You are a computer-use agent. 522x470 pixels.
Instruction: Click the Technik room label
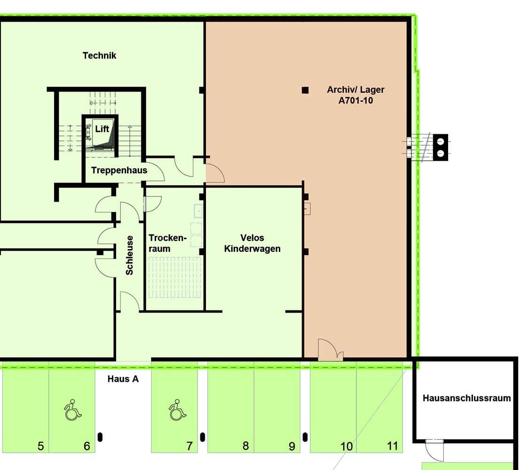[99, 55]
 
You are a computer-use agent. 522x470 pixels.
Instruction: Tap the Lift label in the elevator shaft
[102, 129]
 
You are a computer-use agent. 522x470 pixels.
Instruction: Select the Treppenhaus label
[119, 170]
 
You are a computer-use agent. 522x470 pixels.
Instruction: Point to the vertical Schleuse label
[129, 256]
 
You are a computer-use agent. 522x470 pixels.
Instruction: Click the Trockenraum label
[167, 243]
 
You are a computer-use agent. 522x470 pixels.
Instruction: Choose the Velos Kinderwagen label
[253, 243]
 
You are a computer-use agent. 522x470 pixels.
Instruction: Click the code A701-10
[356, 101]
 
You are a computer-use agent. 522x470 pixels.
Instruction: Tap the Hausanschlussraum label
[467, 398]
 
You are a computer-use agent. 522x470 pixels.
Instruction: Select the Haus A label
[123, 379]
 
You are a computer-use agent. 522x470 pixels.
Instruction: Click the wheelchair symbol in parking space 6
[72, 410]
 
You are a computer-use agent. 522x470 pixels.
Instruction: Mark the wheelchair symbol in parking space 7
[177, 410]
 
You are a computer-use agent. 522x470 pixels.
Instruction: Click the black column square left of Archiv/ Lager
[305, 90]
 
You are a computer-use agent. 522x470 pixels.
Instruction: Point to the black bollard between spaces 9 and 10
[305, 437]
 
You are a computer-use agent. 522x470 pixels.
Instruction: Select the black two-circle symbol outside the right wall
[440, 148]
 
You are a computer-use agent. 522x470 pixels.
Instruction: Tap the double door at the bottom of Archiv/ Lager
[331, 350]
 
